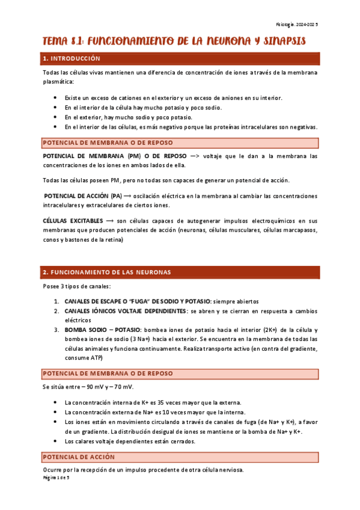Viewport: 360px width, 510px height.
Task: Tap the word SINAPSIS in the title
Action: pos(282,41)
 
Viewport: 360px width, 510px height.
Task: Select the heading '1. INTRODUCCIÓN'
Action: pos(72,59)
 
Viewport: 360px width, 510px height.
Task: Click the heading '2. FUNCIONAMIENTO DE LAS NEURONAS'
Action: pos(107,272)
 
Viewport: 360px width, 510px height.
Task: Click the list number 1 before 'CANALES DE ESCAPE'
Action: pos(56,301)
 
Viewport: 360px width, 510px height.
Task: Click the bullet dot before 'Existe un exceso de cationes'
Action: pos(55,97)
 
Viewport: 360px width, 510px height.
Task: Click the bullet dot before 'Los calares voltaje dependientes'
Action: pos(55,441)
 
